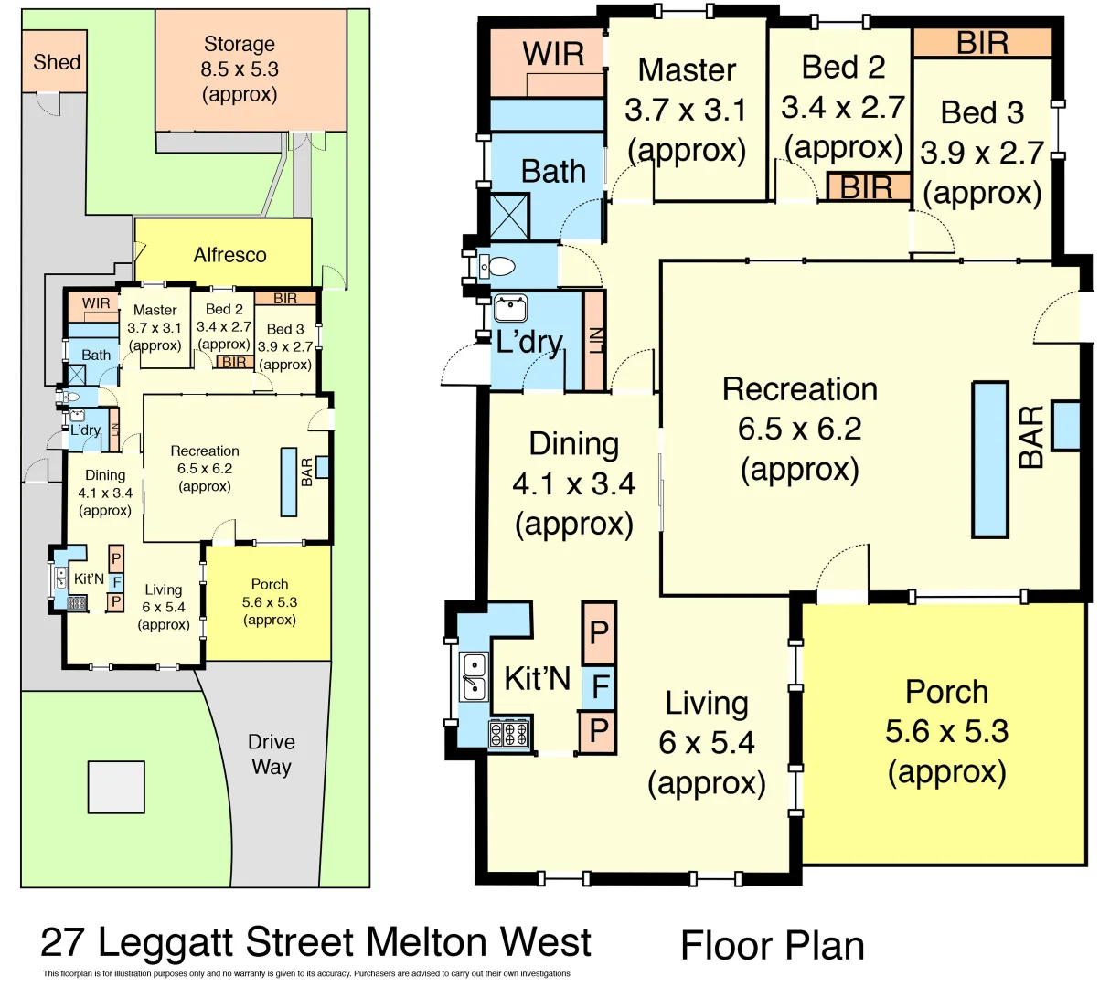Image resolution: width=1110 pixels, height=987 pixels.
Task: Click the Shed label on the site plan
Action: [57, 62]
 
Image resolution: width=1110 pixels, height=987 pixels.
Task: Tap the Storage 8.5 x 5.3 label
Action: [240, 69]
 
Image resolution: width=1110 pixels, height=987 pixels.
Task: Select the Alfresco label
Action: [229, 255]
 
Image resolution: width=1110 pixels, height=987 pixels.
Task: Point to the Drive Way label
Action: [271, 754]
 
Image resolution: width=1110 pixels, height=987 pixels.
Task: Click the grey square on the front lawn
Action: [116, 787]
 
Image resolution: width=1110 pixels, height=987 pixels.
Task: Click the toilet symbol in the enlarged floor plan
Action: [498, 267]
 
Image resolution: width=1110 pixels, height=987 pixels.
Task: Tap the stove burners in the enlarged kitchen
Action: [509, 734]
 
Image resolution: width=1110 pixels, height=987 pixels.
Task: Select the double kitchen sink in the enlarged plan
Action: [474, 677]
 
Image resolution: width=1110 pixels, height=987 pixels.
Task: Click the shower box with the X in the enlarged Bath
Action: [509, 217]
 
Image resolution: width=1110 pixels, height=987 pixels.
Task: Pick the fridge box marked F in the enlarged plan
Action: [600, 685]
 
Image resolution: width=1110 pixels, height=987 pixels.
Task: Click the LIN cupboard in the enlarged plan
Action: [594, 341]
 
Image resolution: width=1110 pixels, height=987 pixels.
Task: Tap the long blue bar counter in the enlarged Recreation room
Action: [990, 459]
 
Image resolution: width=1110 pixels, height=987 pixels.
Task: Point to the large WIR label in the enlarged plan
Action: [553, 54]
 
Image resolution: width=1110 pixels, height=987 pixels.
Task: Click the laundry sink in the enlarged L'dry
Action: [510, 308]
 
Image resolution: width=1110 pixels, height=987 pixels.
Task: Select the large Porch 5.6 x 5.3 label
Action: [946, 731]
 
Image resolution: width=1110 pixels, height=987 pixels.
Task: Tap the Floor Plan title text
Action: [773, 946]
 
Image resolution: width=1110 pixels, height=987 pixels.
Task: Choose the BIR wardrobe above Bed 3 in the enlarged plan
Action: [983, 43]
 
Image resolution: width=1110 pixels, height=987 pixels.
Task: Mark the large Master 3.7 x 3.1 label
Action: [687, 110]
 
